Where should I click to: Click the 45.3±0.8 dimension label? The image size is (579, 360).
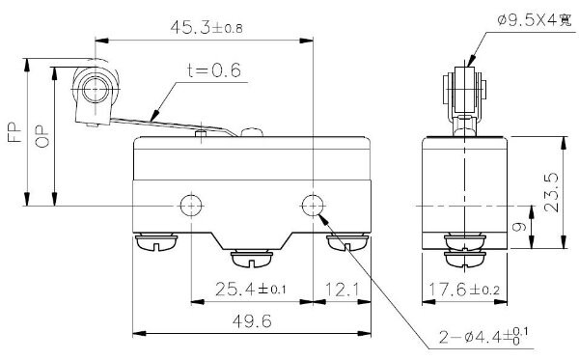[207, 27]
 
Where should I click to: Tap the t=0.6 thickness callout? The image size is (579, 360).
[214, 70]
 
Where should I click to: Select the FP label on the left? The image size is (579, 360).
[14, 133]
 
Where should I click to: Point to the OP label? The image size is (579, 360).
[42, 136]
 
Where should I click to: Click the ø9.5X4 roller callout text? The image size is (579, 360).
[534, 20]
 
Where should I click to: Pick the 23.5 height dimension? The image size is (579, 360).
[551, 192]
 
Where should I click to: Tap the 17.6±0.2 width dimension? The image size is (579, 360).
[464, 289]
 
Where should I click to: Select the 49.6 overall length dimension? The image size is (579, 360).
[252, 320]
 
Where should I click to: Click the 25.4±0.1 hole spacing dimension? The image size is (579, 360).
[250, 289]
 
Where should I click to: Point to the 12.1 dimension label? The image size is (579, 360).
[342, 290]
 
